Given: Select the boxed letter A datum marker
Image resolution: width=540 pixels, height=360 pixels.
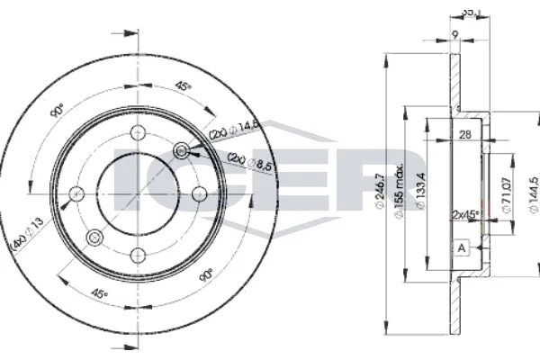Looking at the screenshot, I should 461,247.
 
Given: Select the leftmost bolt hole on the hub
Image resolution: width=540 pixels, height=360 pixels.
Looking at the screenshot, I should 76,193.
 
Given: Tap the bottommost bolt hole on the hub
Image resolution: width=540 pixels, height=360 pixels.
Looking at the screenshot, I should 138,254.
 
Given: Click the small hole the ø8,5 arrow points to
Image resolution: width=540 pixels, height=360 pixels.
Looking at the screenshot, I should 182,149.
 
